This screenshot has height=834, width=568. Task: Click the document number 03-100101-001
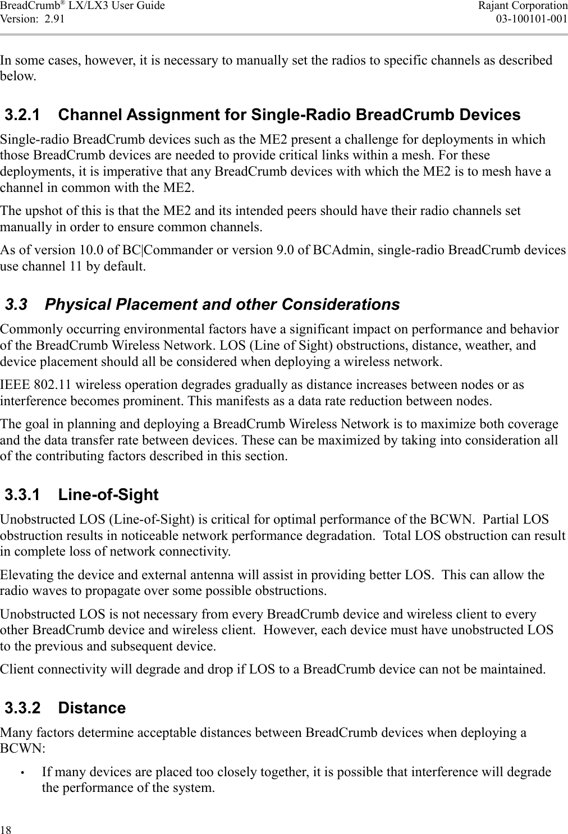pyautogui.click(x=532, y=18)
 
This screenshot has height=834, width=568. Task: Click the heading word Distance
pyautogui.click(x=92, y=708)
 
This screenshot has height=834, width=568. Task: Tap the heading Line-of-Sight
pyautogui.click(x=108, y=494)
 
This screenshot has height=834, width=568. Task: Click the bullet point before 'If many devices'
pyautogui.click(x=21, y=773)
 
